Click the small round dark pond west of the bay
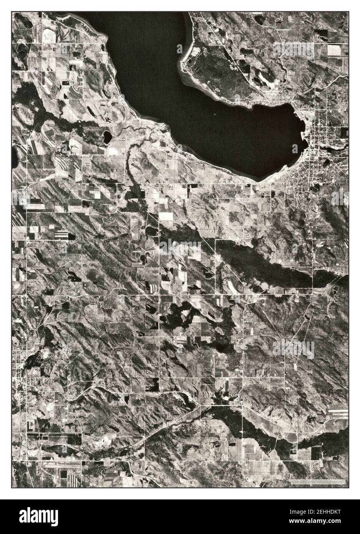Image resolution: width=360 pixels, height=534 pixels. tap(106, 136)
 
